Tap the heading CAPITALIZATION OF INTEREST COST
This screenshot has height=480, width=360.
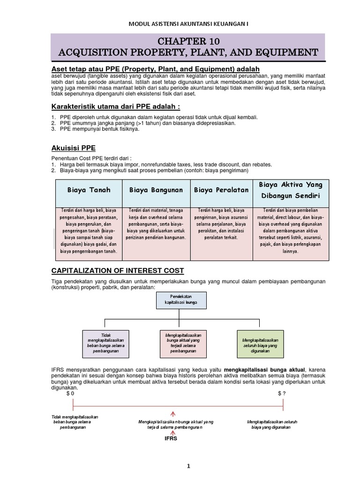coord(117,270)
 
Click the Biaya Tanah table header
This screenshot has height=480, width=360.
coord(89,190)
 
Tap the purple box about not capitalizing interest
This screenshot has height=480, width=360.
coord(105,343)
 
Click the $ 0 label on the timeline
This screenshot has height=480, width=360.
coord(70,394)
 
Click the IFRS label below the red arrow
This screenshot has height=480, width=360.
coord(172,439)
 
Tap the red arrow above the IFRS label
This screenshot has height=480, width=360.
coord(173,413)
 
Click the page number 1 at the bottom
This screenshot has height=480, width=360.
coord(188,466)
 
